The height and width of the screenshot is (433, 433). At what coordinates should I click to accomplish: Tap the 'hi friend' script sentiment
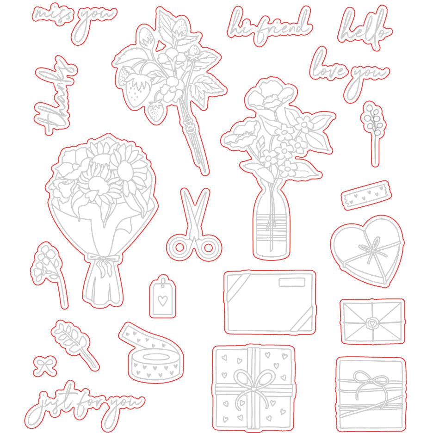click(x=269, y=25)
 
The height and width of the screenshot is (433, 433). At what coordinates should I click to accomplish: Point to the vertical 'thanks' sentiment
click(x=55, y=95)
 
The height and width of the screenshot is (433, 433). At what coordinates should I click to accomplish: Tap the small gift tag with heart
click(x=163, y=297)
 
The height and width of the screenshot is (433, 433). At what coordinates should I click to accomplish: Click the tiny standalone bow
click(x=45, y=366)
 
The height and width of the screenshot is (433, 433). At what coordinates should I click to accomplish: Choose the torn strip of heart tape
click(x=366, y=195)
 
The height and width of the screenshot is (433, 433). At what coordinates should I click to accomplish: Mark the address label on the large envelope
click(x=291, y=282)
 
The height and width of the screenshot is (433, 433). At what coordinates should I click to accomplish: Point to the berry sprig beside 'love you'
click(x=373, y=133)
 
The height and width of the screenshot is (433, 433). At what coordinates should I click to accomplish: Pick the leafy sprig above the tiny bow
click(x=74, y=344)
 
